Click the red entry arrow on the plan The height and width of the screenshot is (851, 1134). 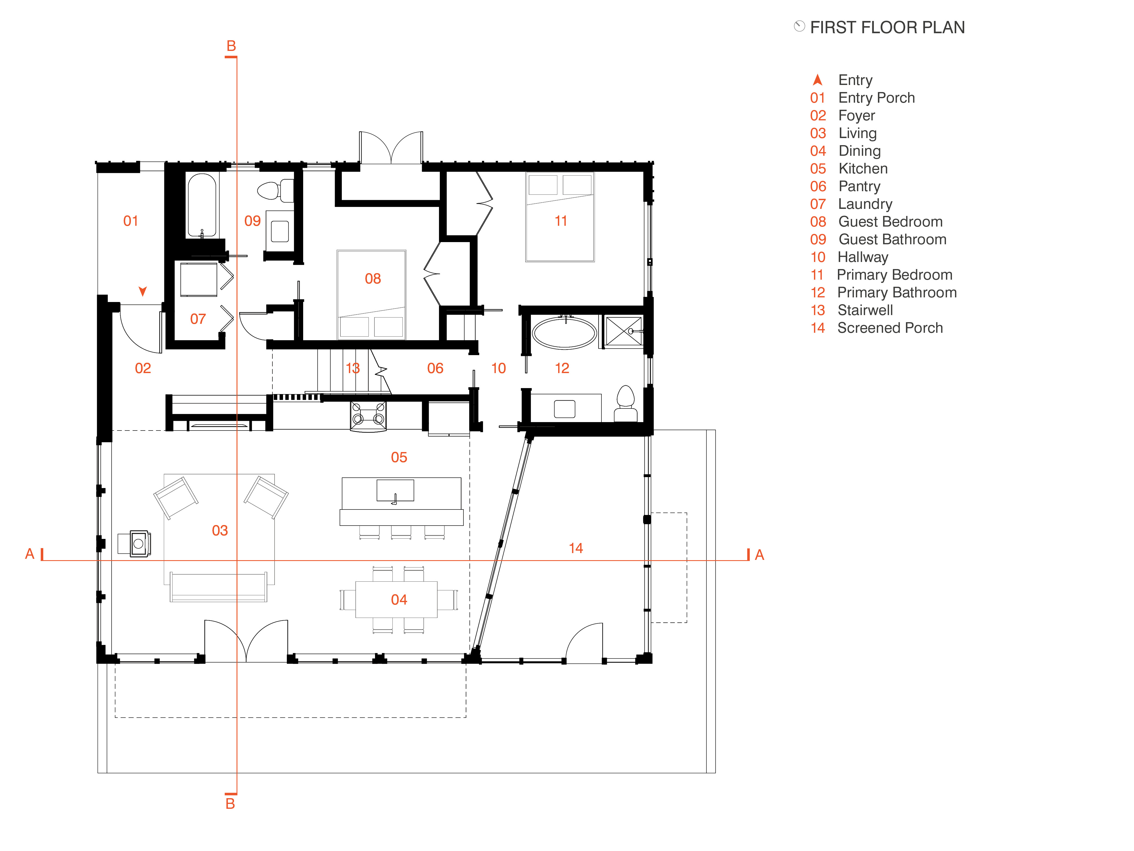point(143,291)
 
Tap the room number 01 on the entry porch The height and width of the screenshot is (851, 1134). point(131,221)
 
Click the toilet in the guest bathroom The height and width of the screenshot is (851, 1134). point(275,191)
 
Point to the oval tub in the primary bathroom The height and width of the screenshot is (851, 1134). point(564,333)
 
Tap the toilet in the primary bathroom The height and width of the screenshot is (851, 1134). point(625,404)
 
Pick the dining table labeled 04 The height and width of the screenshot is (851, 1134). point(396,599)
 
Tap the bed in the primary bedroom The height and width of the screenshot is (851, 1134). point(560,217)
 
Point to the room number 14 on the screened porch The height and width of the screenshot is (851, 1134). point(576,548)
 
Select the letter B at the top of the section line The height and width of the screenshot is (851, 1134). point(231,46)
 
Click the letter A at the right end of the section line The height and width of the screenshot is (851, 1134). point(760,555)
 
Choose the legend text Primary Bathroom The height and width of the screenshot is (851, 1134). point(897,292)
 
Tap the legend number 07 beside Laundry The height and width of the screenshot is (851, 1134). point(818,204)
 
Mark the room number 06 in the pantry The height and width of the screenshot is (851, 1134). point(435,368)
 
